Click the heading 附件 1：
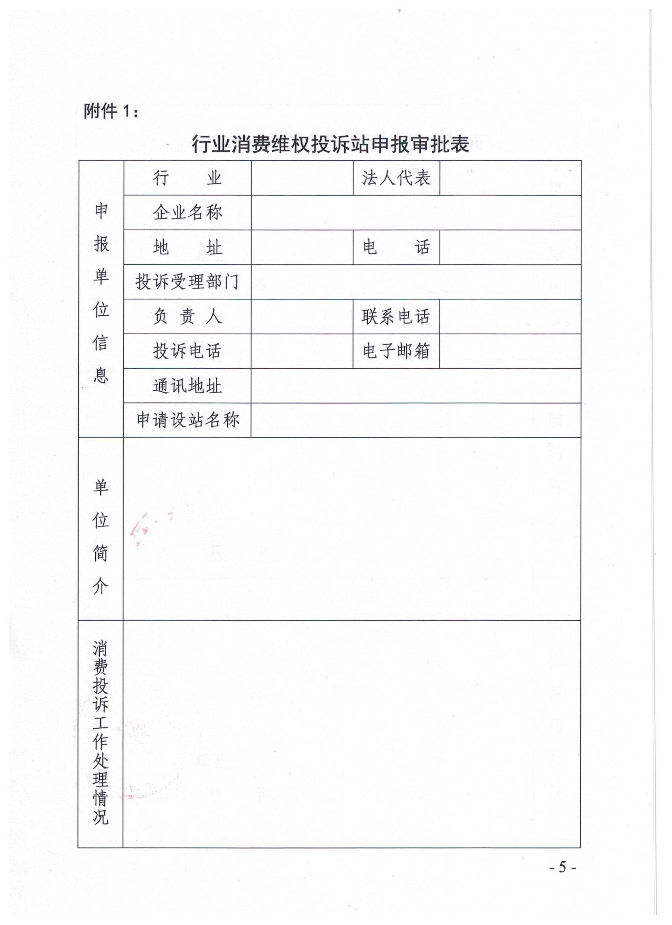111,111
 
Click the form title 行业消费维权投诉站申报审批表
330,144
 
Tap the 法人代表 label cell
396,178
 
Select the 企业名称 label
187,212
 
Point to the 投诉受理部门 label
187,282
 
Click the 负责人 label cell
187,317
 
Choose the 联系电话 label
396,317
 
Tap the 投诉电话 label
187,351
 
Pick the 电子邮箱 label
396,351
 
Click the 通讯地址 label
187,386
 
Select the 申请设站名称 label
187,420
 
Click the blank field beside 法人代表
510,178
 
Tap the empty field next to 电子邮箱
510,351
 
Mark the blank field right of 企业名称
416,212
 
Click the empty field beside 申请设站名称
416,420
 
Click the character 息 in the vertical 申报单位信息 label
101,375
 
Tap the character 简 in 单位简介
101,553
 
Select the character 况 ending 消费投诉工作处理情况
101,817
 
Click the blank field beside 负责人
302,317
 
